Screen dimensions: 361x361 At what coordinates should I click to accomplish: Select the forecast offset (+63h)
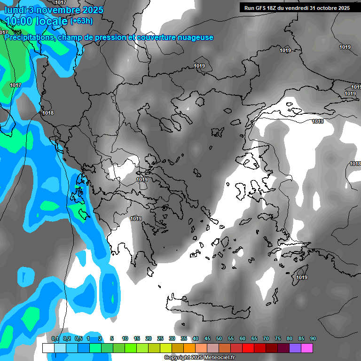(81, 21)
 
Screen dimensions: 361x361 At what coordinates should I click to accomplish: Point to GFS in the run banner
(261, 8)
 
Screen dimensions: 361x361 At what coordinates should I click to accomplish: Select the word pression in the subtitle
(110, 38)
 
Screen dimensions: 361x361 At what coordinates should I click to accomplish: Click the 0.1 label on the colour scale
(55, 339)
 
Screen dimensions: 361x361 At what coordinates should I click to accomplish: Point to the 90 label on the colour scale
(313, 339)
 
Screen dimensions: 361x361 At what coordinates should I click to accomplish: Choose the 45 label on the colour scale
(207, 339)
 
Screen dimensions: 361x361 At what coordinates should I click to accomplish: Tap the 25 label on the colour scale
(160, 339)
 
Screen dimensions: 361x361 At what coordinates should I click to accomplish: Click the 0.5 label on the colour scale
(78, 339)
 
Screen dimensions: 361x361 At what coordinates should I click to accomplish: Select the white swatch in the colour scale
(48, 348)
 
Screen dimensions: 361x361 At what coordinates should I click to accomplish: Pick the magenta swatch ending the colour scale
(307, 348)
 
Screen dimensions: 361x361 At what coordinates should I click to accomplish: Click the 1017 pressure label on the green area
(16, 85)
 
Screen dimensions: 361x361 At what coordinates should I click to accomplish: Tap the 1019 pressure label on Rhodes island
(302, 277)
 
